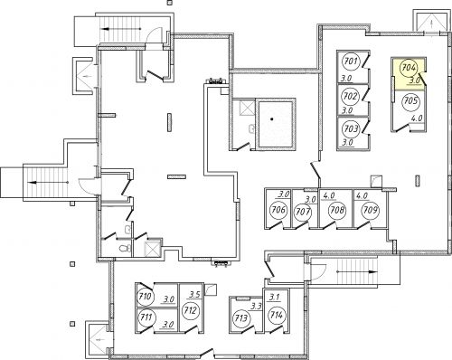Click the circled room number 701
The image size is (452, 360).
351,62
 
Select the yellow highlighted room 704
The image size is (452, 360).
408,73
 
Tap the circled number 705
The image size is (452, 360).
410,100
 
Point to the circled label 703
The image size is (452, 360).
351,129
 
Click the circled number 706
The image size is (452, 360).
278,209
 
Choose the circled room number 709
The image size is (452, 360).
370,210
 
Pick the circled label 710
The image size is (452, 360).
146,297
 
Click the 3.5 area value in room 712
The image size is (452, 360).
194,294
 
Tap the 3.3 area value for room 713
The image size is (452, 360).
256,307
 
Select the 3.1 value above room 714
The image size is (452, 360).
275,298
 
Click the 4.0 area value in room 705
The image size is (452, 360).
417,118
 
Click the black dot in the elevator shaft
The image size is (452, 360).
272,119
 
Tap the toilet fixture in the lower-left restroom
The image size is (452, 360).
124,249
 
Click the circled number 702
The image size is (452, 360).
351,97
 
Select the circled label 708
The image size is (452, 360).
336,210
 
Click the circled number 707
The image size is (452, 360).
303,212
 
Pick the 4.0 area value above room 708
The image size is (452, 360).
328,196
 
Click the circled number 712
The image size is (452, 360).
191,310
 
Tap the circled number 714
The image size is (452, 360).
277,316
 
